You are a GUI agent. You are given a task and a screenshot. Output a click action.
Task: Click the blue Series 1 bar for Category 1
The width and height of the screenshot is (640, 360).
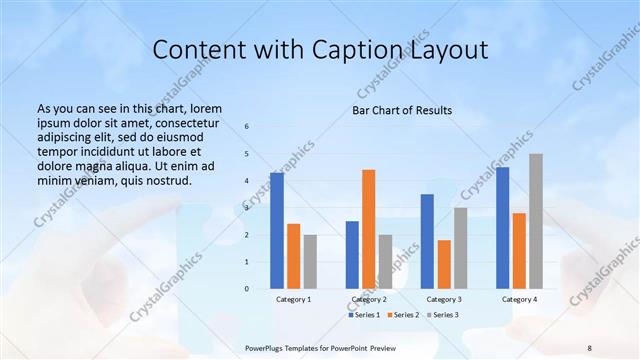pos(277,231)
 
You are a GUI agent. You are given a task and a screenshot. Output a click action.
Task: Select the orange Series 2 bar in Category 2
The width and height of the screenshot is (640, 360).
pos(368,229)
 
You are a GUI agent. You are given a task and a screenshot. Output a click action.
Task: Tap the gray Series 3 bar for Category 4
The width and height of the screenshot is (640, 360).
pos(536,221)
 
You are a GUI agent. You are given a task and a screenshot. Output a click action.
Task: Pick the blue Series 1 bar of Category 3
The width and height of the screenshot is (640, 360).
pos(427,241)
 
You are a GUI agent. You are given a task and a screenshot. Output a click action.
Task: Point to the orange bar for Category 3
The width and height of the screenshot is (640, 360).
pos(444,264)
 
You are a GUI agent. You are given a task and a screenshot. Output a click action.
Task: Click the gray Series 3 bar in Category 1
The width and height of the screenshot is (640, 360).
pos(310,262)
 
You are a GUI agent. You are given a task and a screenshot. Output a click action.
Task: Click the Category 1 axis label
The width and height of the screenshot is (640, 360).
pos(293,299)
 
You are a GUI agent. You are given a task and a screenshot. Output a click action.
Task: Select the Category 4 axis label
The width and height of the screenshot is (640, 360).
pos(518,299)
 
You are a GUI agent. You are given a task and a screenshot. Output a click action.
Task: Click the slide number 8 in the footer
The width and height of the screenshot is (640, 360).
pos(590,347)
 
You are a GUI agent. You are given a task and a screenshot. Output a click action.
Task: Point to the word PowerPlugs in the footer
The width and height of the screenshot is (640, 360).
pos(265,347)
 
